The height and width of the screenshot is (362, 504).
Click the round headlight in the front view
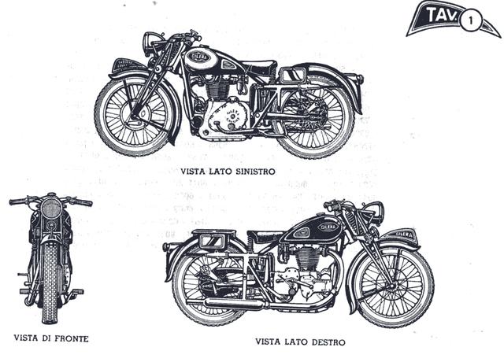click(x=51, y=208)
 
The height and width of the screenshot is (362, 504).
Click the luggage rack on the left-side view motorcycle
click(x=294, y=75)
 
